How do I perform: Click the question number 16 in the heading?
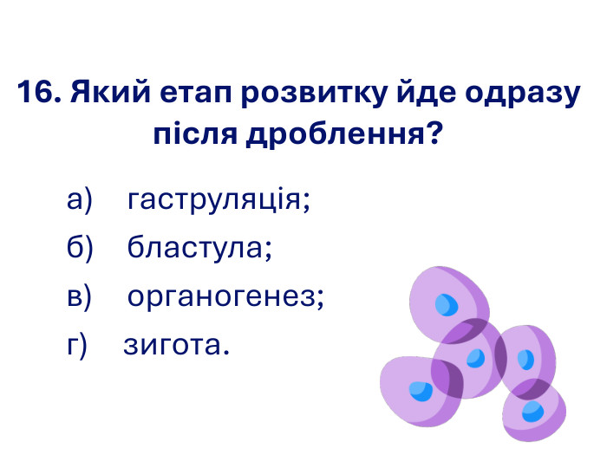click(36, 93)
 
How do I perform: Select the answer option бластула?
click(199, 250)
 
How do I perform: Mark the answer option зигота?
click(177, 345)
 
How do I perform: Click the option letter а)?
click(80, 202)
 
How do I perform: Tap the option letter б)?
click(80, 250)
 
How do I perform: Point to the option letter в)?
click(80, 297)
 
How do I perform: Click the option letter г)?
click(78, 345)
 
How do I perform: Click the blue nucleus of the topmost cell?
click(447, 304)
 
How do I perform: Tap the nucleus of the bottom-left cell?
click(421, 390)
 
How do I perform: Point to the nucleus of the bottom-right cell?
click(533, 411)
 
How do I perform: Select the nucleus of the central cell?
click(474, 357)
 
